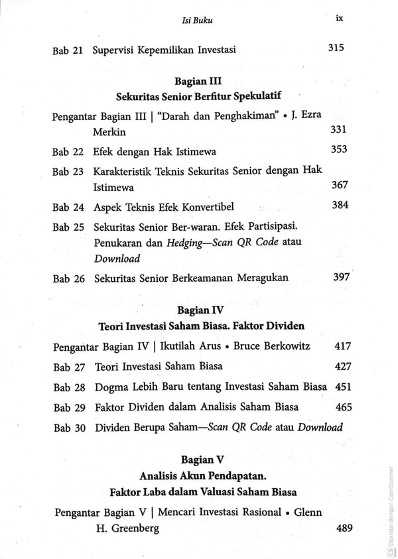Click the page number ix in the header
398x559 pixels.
(339, 19)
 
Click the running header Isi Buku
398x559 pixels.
(196, 21)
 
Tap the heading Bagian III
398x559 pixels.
(197, 82)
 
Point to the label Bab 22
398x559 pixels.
(68, 152)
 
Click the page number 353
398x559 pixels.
(339, 150)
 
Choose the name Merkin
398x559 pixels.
(109, 133)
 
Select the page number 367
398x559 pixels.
(339, 186)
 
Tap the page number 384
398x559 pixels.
(340, 205)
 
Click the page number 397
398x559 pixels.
(340, 277)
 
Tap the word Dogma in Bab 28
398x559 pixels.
(111, 387)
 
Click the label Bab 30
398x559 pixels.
(69, 428)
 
